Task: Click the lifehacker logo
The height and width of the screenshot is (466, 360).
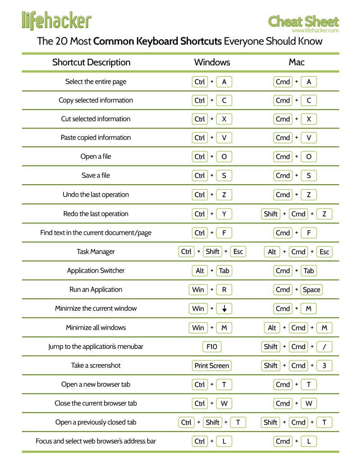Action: (x=56, y=20)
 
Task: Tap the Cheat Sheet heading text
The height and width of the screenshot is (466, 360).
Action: (x=303, y=21)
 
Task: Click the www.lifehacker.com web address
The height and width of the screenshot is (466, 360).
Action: (x=315, y=31)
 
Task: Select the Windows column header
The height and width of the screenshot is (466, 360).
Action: (x=212, y=62)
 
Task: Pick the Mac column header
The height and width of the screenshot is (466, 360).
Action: (x=297, y=62)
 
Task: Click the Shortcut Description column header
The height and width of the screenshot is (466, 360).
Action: (x=91, y=62)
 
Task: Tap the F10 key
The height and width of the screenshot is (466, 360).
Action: (x=212, y=347)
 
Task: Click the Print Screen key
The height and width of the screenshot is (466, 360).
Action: (x=212, y=366)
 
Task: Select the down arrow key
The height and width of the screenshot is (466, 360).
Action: (x=224, y=309)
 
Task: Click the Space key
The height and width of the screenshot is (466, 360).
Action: (x=311, y=290)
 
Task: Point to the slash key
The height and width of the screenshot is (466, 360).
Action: (x=324, y=347)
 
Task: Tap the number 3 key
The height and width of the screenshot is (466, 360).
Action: (x=324, y=366)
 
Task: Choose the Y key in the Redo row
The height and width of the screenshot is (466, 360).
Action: (x=224, y=214)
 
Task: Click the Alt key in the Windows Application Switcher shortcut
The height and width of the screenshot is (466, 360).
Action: (x=200, y=271)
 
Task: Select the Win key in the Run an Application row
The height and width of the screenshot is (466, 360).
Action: (x=198, y=290)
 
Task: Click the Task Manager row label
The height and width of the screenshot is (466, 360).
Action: (x=96, y=252)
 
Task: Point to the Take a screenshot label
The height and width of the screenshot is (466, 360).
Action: (x=96, y=366)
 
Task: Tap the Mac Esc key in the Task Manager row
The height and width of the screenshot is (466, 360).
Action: (x=324, y=252)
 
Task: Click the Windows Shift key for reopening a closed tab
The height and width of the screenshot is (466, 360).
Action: (x=212, y=422)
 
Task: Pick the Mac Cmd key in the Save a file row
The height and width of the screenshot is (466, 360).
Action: (x=283, y=176)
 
